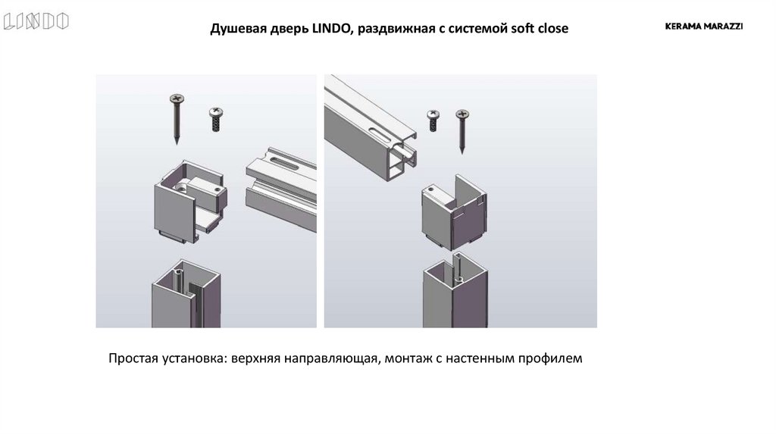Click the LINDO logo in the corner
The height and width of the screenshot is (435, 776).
pos(36,22)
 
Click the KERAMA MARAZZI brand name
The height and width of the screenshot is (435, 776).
pos(703,26)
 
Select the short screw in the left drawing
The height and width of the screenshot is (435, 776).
pos(215,118)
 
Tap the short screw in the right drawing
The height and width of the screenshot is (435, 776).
pos(434,120)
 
